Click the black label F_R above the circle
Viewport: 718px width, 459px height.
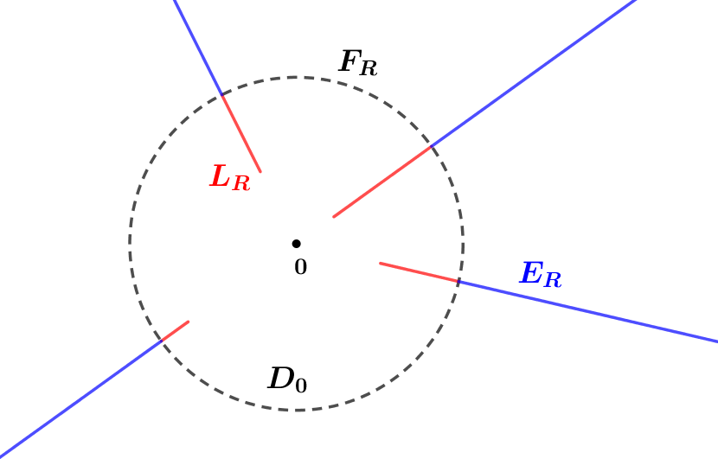357,63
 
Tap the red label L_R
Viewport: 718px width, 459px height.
229,178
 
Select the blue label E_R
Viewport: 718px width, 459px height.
540,275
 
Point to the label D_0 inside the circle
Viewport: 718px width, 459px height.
287,379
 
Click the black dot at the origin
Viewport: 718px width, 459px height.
296,244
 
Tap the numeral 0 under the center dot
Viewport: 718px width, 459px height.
300,268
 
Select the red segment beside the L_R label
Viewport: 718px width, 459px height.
241,134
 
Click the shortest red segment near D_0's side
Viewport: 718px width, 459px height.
175,332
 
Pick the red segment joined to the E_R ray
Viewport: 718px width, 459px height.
419,272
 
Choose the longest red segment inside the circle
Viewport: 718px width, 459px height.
381,182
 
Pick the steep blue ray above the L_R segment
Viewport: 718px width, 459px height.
197,47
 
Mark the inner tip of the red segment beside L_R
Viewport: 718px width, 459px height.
260,172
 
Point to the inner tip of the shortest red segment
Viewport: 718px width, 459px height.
189,322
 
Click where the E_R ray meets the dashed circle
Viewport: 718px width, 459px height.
458,282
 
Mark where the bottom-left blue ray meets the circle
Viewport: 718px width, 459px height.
161,342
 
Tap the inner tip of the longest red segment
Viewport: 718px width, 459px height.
333,217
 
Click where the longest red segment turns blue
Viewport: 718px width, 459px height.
431,147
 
